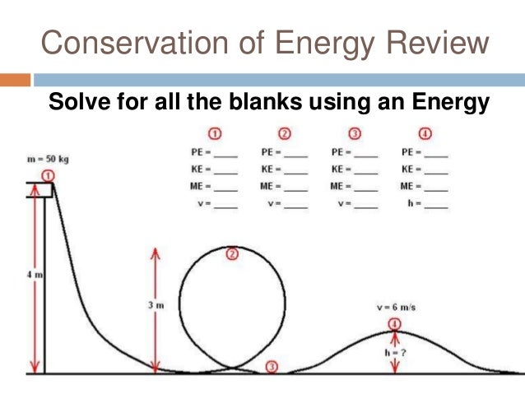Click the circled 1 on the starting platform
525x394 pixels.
pos(48,175)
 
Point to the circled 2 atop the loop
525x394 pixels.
pos(232,254)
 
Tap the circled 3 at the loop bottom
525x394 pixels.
pos(272,367)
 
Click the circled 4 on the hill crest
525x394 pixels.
pos(395,323)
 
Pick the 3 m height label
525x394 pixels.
pos(156,305)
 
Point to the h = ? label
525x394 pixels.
pos(396,351)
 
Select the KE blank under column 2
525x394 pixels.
pos(295,170)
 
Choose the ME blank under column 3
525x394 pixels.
pos(366,187)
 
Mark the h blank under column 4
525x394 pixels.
pos(437,204)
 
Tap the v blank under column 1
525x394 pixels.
pos(225,204)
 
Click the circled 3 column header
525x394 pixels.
pos(355,134)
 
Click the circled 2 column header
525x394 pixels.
pos(284,134)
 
